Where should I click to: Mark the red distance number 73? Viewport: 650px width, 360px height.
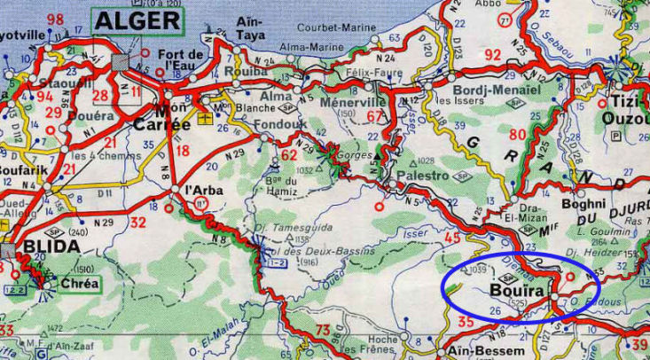coord(322,331)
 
